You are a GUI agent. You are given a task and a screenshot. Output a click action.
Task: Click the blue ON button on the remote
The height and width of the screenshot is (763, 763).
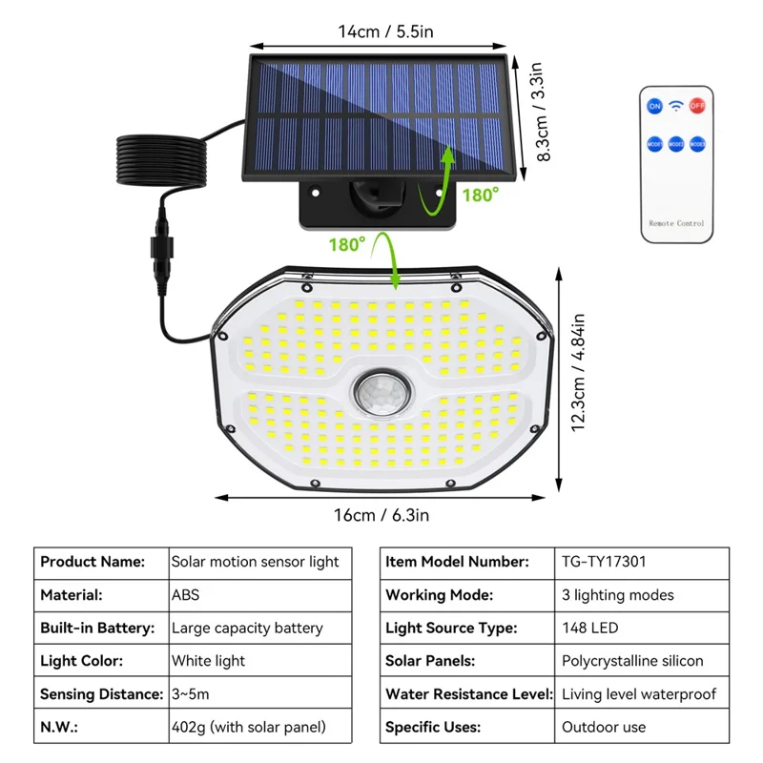tap(654, 106)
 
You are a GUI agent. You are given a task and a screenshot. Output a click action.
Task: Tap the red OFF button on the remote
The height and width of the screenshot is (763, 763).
tap(697, 106)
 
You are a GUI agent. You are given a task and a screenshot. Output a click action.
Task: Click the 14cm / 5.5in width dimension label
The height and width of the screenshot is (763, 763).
tap(385, 31)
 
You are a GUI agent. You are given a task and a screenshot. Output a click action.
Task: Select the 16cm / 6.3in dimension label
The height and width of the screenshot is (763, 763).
tap(381, 515)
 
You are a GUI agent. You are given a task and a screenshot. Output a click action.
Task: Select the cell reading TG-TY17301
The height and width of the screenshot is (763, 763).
tap(604, 562)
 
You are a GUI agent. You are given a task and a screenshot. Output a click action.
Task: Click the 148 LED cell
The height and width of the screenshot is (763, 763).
tap(590, 628)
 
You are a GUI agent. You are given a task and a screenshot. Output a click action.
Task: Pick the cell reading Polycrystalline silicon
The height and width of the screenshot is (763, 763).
tap(632, 660)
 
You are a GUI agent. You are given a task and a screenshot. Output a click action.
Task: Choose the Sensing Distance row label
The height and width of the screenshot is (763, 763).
tap(99, 693)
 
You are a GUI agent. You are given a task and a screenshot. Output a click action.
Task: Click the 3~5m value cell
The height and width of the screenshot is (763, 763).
tap(191, 693)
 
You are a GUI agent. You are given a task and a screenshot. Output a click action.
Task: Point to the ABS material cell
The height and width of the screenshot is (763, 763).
tap(186, 594)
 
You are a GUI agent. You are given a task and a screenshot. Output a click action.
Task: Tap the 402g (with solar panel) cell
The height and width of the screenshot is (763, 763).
tap(248, 727)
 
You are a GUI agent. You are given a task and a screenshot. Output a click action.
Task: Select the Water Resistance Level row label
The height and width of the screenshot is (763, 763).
tap(467, 693)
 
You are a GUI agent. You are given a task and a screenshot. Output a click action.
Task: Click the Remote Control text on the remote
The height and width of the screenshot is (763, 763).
tap(676, 223)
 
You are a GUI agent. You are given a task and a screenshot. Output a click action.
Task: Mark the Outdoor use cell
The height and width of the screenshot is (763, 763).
tap(603, 727)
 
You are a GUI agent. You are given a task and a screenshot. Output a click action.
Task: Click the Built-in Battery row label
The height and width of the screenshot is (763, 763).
tap(97, 628)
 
